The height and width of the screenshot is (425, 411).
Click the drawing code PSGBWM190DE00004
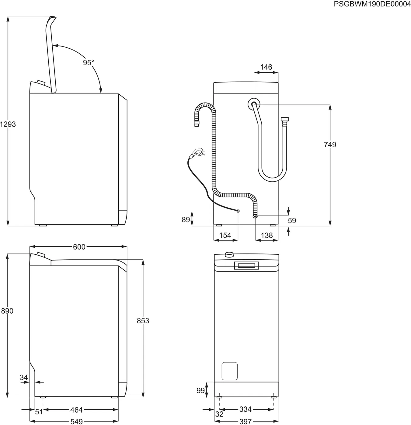372,4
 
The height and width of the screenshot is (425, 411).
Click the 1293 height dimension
8,124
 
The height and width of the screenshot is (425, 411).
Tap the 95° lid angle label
88,63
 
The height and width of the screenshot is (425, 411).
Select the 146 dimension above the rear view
266,67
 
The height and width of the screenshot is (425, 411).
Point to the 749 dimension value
330,145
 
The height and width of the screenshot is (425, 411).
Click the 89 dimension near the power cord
186,219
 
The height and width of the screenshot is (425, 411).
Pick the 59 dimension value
292,221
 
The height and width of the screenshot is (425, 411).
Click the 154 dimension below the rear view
225,235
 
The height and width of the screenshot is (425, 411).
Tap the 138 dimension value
266,235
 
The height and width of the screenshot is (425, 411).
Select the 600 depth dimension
79,247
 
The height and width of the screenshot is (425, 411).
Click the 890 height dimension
7,311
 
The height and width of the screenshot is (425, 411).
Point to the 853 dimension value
143,321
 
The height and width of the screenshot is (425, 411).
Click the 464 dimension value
76,410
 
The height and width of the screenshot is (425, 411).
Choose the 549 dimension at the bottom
76,421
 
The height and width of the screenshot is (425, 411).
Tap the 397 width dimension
245,421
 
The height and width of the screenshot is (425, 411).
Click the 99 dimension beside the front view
200,391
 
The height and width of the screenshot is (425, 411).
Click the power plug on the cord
197,152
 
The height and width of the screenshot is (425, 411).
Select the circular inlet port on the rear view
254,104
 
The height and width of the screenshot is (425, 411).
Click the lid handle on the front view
246,266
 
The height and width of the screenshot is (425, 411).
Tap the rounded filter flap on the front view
229,371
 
